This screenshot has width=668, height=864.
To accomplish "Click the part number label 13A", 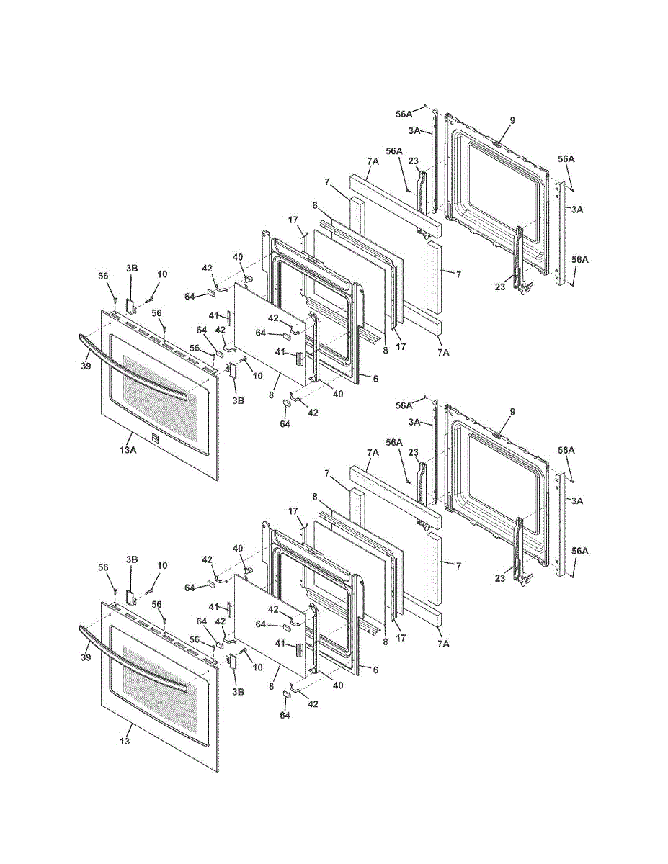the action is (128, 449).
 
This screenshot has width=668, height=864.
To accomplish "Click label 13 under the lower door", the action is (125, 741).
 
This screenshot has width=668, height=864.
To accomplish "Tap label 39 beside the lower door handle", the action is (86, 657).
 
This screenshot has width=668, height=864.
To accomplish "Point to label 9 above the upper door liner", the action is (512, 120).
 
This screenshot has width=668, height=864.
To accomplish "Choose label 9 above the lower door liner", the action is (512, 412).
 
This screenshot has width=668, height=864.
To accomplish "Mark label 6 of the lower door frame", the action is (375, 669).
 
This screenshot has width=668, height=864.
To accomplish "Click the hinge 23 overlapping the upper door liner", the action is (519, 259).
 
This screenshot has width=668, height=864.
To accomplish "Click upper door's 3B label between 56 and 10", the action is (132, 268).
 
